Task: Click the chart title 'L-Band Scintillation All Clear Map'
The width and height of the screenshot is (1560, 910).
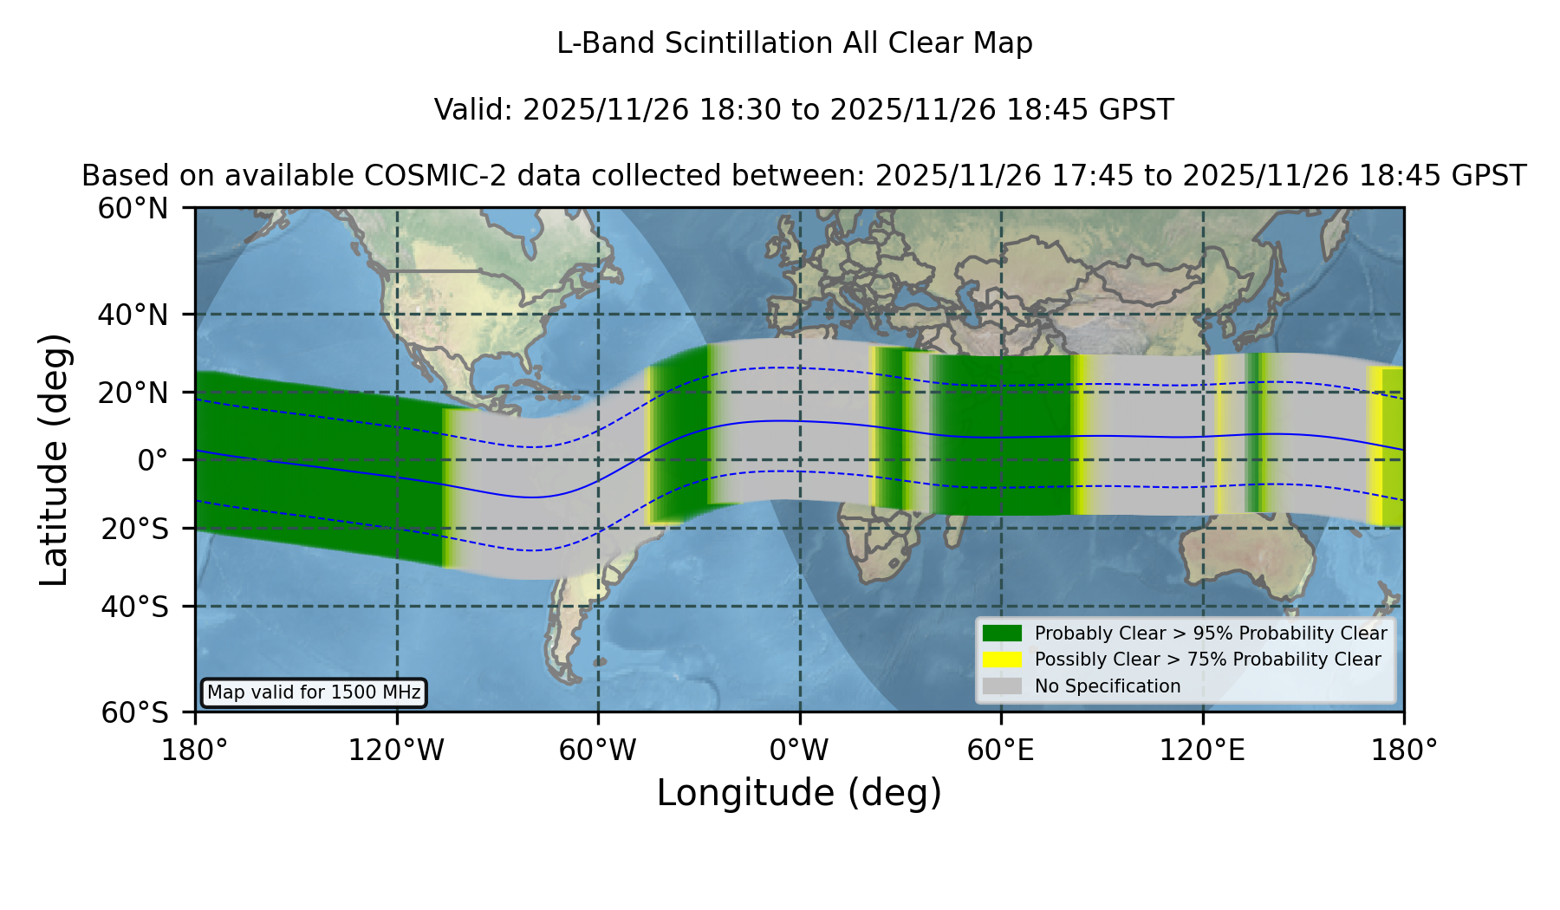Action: pyautogui.click(x=794, y=43)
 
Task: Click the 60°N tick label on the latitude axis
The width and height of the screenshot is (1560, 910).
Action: pyautogui.click(x=133, y=208)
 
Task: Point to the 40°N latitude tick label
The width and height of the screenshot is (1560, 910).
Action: pyautogui.click(x=133, y=315)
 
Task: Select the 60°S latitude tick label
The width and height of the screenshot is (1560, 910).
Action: pyautogui.click(x=135, y=712)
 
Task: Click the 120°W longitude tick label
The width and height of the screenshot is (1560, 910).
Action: pyautogui.click(x=396, y=750)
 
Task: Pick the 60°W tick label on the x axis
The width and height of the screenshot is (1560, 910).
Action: pyautogui.click(x=598, y=750)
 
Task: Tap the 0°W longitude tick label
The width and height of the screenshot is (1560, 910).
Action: pyautogui.click(x=799, y=750)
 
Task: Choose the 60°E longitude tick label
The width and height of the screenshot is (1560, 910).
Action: pyautogui.click(x=1001, y=750)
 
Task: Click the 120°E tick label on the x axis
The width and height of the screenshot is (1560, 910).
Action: pyautogui.click(x=1202, y=750)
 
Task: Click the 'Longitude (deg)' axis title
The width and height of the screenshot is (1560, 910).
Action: pyautogui.click(x=799, y=793)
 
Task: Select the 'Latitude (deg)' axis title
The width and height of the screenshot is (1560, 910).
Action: pyautogui.click(x=55, y=459)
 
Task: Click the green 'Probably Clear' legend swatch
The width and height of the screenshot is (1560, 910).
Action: pyautogui.click(x=1002, y=634)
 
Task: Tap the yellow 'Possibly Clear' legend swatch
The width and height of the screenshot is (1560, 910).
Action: pyautogui.click(x=1002, y=660)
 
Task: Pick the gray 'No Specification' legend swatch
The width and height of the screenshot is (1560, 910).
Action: pyautogui.click(x=1002, y=686)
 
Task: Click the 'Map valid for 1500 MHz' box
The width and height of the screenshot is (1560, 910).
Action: pyautogui.click(x=314, y=692)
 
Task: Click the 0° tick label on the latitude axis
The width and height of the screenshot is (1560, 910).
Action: pyautogui.click(x=153, y=460)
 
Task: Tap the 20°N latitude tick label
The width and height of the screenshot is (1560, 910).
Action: pyautogui.click(x=133, y=393)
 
